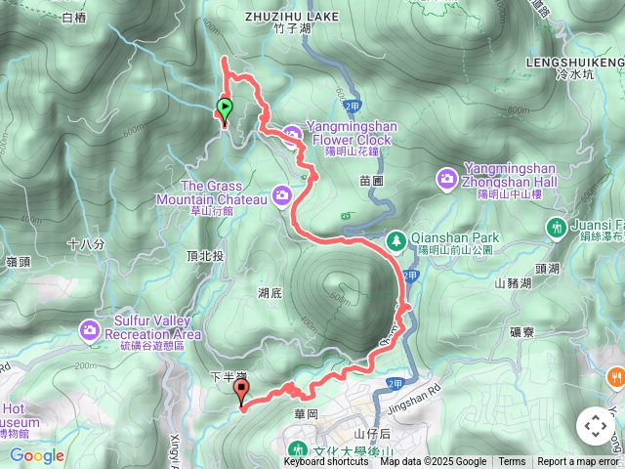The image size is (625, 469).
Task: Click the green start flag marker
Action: (x=225, y=108)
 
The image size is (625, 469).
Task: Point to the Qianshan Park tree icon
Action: (x=396, y=238)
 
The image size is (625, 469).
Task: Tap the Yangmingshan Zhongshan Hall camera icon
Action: (x=447, y=177)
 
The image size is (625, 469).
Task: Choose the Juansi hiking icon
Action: (x=556, y=228)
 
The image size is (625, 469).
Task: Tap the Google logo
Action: (x=37, y=455)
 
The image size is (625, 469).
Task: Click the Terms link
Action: (x=512, y=462)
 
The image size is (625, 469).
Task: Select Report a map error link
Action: (x=577, y=462)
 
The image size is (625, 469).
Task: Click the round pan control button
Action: (x=595, y=426)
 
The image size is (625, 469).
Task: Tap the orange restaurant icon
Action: (x=615, y=375)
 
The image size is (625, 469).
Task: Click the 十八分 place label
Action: (x=86, y=243)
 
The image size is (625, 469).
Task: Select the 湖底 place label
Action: (x=271, y=292)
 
